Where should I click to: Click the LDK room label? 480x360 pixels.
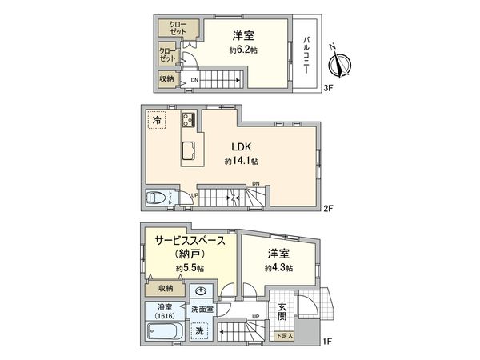coord(243,147)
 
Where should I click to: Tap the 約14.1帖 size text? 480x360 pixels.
coord(243,162)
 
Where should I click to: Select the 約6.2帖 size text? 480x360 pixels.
coord(244,50)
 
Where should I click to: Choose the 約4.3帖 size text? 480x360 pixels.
coord(279,268)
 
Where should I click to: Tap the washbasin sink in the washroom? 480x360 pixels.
coord(202,291)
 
